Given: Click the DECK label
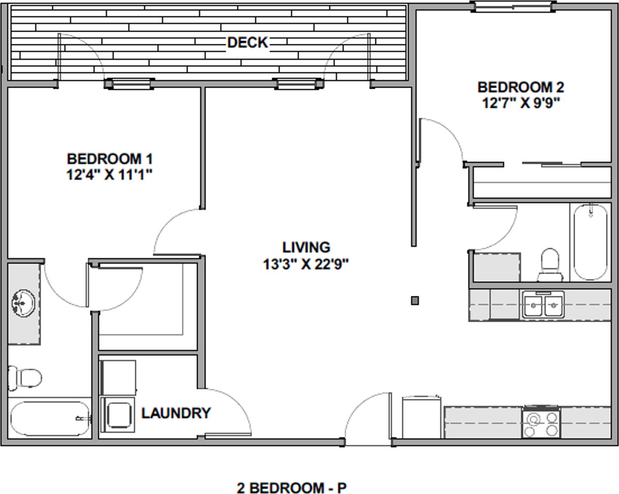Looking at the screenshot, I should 248,42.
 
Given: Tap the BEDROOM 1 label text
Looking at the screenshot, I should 110,159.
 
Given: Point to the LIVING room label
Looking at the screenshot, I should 306,247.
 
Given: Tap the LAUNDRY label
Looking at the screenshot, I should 175,413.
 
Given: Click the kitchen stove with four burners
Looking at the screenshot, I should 540,422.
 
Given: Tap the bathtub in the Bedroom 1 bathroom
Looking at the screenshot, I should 49,419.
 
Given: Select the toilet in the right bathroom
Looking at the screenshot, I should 549,264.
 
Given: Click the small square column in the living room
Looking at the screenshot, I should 415,301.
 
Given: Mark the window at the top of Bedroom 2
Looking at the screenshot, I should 513,6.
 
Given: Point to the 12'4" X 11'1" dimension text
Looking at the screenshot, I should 110,174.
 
